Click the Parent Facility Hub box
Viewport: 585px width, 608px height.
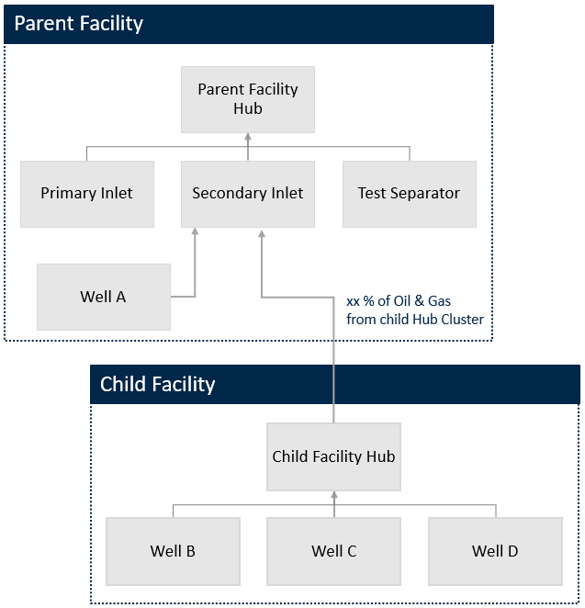248,100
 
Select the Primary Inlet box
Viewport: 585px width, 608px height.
87,194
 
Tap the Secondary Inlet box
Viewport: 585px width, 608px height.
248,194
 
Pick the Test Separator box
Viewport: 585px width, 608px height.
410,194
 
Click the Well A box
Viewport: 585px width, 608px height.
104,297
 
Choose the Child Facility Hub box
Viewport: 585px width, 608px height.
333,456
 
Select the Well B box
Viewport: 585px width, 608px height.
173,551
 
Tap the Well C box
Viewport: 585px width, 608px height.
333,551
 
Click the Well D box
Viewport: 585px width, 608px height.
495,551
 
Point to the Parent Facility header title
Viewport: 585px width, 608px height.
79,23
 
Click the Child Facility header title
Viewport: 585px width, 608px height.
157,384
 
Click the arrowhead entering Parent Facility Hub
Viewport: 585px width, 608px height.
248,137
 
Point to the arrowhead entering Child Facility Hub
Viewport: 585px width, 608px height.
334,495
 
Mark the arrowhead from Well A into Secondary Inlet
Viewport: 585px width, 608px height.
195,231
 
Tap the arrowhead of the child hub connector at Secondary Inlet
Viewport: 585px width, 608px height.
262,234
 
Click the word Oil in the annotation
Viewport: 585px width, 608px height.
402,301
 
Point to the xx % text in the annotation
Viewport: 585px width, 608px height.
360,301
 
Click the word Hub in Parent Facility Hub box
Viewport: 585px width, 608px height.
248,108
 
